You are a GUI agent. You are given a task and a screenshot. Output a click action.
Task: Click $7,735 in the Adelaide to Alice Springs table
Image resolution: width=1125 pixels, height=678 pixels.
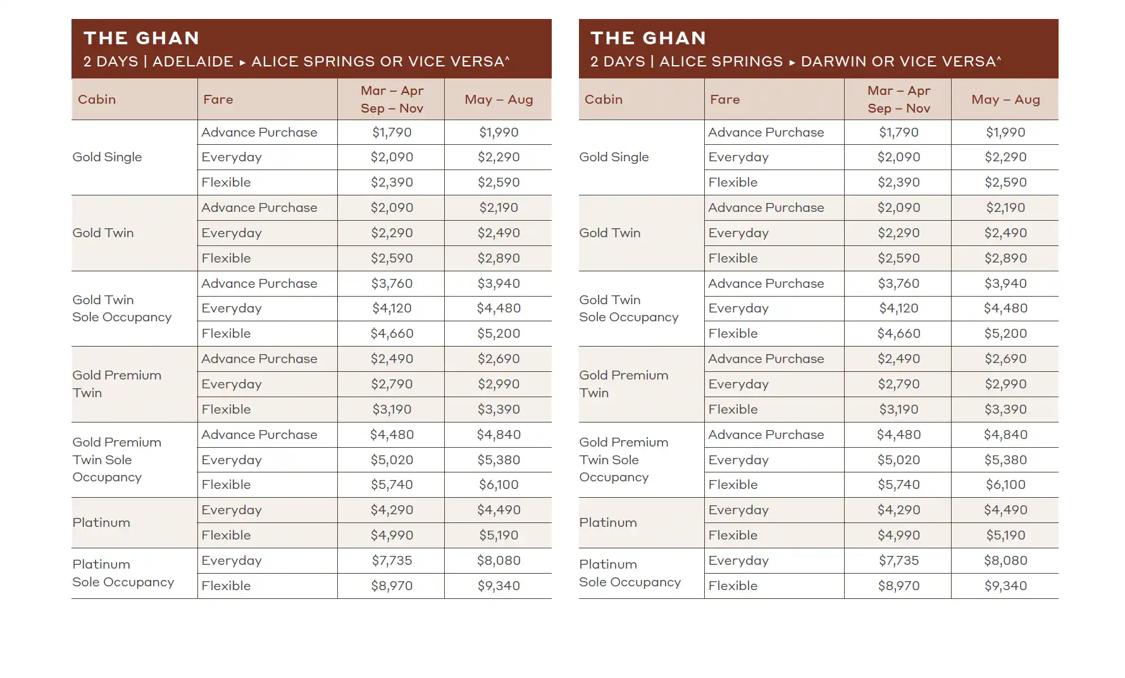coord(392,560)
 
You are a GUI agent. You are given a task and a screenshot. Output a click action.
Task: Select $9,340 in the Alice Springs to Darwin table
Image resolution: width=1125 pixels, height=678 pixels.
coord(1005,586)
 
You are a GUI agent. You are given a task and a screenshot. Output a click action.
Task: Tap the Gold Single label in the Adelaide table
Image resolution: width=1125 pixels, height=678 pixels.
coord(107,157)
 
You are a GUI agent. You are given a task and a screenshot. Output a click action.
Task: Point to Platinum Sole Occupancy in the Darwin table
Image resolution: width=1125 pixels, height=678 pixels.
coord(630,573)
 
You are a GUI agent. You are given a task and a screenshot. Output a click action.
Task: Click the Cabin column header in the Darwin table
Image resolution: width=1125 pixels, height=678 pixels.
coord(603,99)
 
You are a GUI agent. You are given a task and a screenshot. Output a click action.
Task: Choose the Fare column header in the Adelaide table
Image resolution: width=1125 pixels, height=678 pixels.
coord(218,99)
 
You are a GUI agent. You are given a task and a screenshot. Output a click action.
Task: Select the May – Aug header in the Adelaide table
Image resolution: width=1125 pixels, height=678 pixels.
coord(499,99)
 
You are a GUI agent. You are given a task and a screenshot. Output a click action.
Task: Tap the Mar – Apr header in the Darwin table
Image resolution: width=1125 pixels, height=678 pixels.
coord(898,91)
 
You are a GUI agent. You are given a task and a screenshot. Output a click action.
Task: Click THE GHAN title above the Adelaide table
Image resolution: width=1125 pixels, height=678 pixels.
coord(141,38)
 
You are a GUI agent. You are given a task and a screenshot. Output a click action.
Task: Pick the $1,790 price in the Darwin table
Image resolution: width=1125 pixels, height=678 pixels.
coord(898,132)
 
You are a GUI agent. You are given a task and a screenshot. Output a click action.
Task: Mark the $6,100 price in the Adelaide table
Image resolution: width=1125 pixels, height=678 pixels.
coord(499,484)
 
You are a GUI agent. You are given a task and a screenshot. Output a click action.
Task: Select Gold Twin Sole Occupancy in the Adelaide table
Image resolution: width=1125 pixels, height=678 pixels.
coord(121,308)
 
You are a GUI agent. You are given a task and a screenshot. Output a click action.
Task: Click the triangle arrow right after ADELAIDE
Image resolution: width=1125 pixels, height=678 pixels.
coord(242,62)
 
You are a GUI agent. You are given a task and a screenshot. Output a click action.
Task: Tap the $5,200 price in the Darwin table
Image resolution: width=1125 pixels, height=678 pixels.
coord(1005,333)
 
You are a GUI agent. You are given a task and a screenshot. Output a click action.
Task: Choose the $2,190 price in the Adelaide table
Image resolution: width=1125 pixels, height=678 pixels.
coord(499,207)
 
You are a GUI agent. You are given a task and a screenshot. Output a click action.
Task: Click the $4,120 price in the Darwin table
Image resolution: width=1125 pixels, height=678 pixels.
coord(898,308)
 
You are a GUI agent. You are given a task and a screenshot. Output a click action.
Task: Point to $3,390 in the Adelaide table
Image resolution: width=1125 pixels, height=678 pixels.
coord(499,409)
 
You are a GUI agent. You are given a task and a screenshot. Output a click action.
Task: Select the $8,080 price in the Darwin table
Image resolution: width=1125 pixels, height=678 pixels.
coord(1005,560)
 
